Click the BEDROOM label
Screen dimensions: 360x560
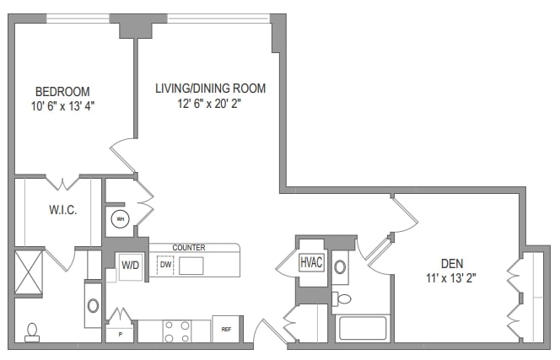62,91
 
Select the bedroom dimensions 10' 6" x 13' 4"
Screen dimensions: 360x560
62,106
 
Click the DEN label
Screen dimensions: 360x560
452,262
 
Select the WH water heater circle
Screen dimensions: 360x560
119,219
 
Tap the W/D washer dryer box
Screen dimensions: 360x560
131,265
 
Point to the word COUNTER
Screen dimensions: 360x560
189,247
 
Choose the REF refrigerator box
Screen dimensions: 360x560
226,330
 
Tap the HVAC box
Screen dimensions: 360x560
311,262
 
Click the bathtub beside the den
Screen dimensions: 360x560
363,328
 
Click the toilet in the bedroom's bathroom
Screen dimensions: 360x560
32,331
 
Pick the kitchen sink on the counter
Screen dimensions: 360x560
191,266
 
